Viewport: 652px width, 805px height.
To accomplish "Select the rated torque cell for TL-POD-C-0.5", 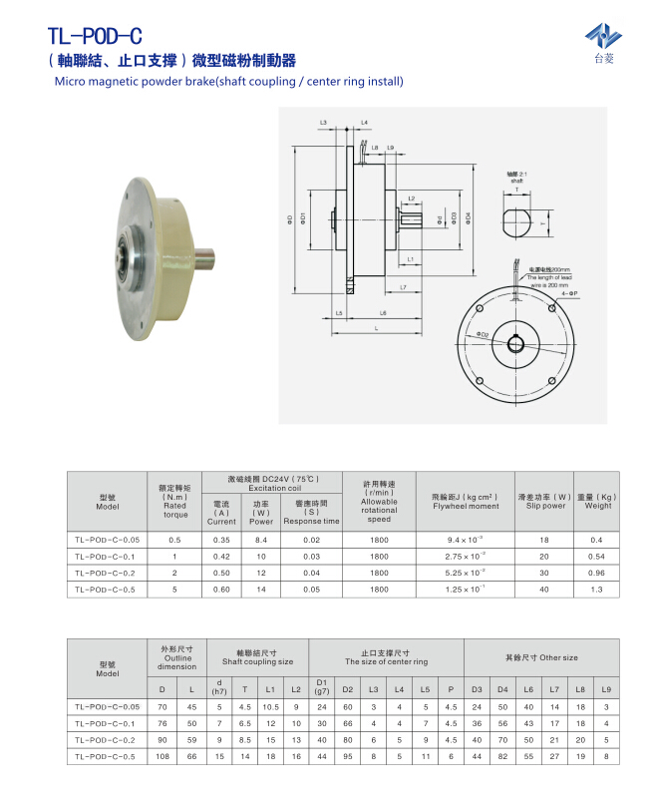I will [x=173, y=589].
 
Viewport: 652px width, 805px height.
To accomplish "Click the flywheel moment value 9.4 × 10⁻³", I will [x=466, y=539].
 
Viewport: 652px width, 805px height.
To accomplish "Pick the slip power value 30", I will [x=544, y=573].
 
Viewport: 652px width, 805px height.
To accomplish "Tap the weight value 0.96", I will [x=597, y=573].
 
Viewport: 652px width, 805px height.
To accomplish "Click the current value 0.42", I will [x=220, y=556].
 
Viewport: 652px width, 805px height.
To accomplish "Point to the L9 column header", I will [x=606, y=689].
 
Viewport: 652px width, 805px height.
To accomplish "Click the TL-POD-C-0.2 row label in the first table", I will [x=107, y=573].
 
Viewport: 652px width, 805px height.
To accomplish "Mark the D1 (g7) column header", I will [x=321, y=689].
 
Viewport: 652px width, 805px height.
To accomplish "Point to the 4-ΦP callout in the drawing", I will [x=567, y=294].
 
